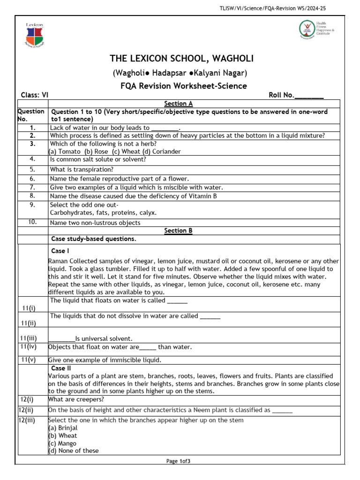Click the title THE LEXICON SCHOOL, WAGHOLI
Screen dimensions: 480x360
click(x=181, y=59)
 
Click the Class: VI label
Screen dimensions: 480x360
click(x=35, y=95)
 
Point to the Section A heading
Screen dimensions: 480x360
click(x=178, y=104)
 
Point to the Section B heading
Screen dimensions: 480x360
click(x=178, y=231)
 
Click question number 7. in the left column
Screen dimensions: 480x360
click(x=32, y=187)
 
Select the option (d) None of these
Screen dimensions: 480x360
click(x=74, y=450)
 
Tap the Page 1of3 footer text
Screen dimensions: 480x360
click(x=179, y=461)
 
